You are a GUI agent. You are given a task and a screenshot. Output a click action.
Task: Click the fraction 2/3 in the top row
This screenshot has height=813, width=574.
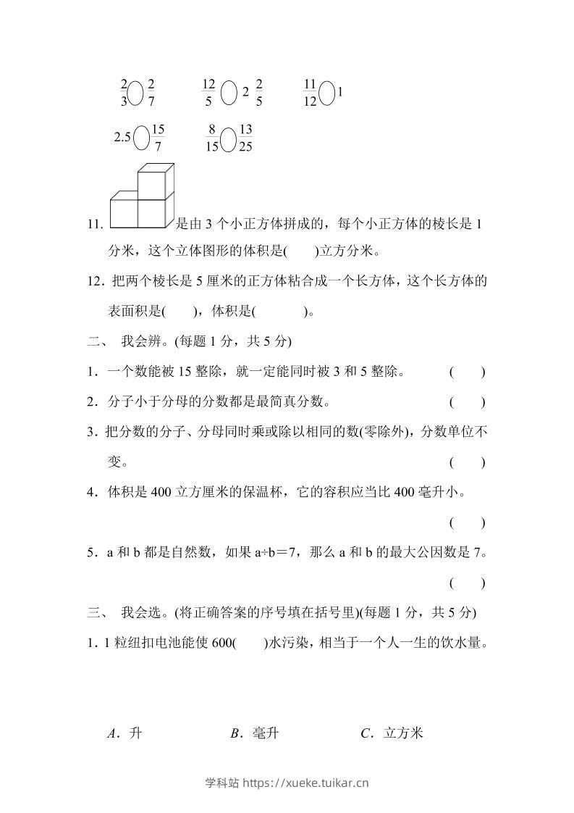[x=124, y=93]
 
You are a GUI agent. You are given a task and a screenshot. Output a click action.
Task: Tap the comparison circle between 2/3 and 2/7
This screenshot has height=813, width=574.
[x=135, y=93]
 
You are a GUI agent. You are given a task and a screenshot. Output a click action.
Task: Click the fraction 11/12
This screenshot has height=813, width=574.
[x=310, y=93]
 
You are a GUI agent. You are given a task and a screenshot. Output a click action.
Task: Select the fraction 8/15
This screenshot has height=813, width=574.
[x=211, y=137]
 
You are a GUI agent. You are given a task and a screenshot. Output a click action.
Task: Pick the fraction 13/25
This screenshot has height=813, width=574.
[x=245, y=137]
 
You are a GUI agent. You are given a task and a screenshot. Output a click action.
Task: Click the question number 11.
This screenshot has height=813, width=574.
[x=94, y=225]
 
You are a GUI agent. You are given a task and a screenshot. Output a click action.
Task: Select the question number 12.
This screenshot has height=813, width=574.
[x=94, y=281]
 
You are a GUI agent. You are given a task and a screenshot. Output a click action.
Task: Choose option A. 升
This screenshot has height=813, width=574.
[x=124, y=733]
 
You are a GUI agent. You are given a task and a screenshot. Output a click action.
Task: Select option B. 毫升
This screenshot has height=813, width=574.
[x=254, y=733]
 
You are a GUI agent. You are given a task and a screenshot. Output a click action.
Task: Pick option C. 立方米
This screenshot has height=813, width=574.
[x=391, y=733]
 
